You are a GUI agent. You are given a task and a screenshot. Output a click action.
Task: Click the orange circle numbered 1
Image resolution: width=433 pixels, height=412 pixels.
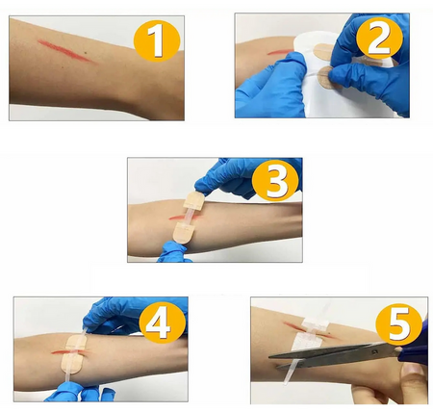[x=157, y=40]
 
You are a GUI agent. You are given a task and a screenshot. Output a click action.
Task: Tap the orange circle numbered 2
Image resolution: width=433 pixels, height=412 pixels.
[x=379, y=40]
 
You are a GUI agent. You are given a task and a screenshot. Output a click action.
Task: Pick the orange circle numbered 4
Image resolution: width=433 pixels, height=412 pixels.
[x=163, y=324]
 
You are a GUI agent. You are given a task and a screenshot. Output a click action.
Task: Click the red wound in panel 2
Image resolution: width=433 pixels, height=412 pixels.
[x=279, y=52]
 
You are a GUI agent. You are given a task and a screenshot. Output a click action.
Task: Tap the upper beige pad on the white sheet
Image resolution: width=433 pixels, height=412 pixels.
[x=324, y=52]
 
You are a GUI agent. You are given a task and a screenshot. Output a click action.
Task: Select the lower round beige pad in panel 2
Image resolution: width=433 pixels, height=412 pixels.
[x=328, y=78]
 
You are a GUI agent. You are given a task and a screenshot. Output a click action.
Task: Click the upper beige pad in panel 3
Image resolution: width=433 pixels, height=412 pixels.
[x=193, y=200]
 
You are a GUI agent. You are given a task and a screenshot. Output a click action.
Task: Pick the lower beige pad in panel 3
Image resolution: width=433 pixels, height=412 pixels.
[x=184, y=233]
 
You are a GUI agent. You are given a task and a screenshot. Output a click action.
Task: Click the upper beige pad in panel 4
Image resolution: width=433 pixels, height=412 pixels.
[x=76, y=343]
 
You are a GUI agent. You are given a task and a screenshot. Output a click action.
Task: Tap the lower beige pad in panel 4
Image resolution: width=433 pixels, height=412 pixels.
[x=72, y=364]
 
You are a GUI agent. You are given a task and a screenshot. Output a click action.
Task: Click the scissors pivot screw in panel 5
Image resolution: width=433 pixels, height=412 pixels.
[x=374, y=351]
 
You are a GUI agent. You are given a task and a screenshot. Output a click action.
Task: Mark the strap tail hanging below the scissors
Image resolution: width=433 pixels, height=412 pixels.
[x=291, y=373]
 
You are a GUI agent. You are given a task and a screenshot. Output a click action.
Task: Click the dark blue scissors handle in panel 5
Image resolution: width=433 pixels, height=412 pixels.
[x=415, y=347]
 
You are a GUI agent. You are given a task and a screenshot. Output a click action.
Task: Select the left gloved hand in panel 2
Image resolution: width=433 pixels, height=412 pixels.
[x=272, y=87]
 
